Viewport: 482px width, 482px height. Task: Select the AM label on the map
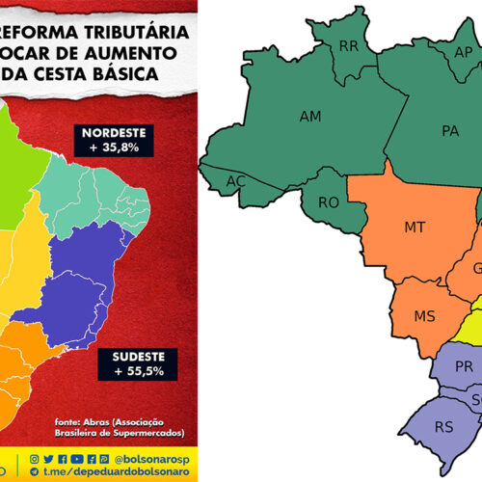[x=310, y=117]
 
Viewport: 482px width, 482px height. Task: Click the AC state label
[x=235, y=181]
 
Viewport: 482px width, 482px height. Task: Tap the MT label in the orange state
[x=415, y=228]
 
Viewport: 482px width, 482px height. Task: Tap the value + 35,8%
[x=109, y=147]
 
